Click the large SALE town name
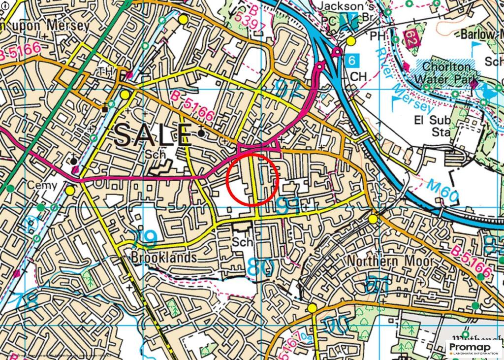[x=152, y=134]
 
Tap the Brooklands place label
[x=164, y=258]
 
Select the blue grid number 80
[x=260, y=266]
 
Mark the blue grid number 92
[x=288, y=89]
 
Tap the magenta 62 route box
[x=410, y=36]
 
